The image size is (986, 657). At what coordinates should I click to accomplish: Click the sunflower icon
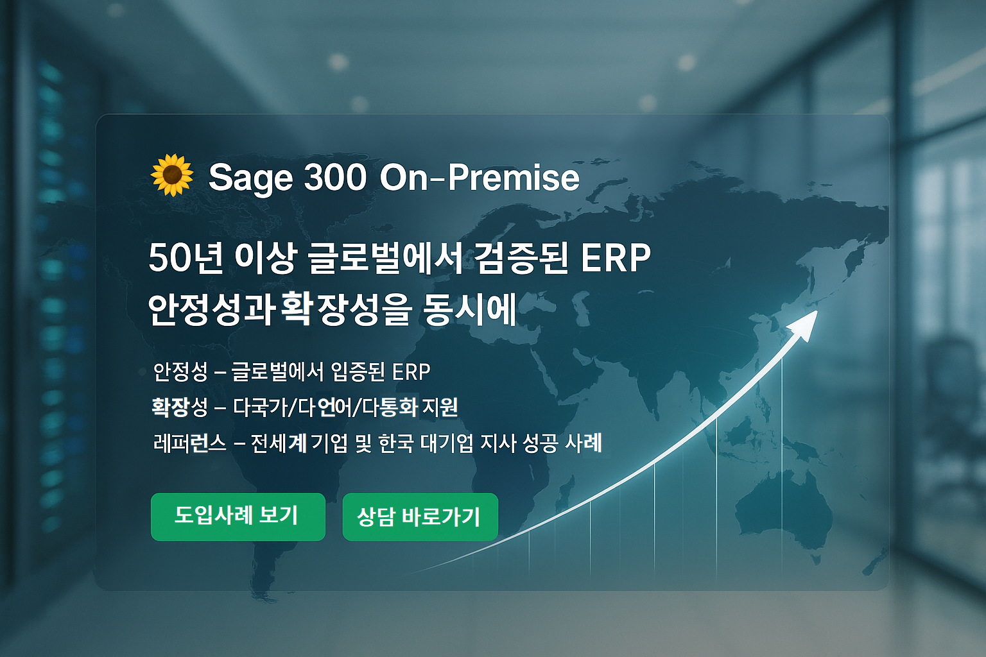point(171,175)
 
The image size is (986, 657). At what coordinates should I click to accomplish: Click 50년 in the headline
point(186,259)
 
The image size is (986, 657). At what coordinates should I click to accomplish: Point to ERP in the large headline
point(616,259)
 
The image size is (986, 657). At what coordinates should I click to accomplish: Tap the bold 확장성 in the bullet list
point(179,407)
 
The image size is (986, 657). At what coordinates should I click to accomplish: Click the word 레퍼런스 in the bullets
point(190,443)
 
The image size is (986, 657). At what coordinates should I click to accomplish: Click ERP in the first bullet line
point(411,373)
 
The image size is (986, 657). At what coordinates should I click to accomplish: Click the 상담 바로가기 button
point(420,516)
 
